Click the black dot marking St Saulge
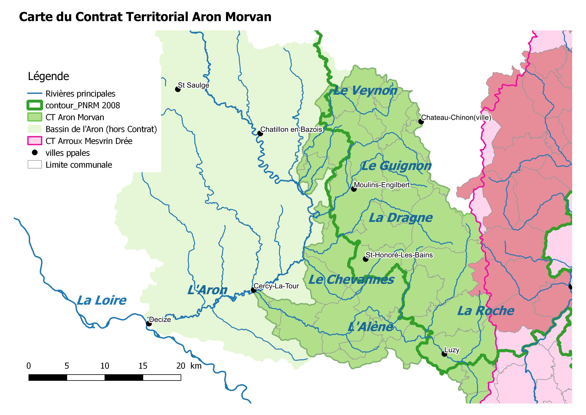click(x=178, y=89)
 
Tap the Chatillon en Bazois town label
click(x=291, y=130)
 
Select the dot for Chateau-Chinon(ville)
click(x=421, y=122)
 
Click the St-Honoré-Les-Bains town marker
click(x=365, y=259)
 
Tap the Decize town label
click(x=160, y=320)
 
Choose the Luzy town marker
click(x=444, y=354)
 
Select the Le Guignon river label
click(x=396, y=166)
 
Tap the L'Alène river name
click(x=370, y=327)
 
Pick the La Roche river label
click(x=485, y=311)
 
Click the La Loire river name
click(x=102, y=301)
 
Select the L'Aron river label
click(x=207, y=290)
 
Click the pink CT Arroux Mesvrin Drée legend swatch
click(x=34, y=141)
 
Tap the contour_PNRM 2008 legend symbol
click(x=34, y=105)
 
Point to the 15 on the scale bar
click(x=143, y=366)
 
